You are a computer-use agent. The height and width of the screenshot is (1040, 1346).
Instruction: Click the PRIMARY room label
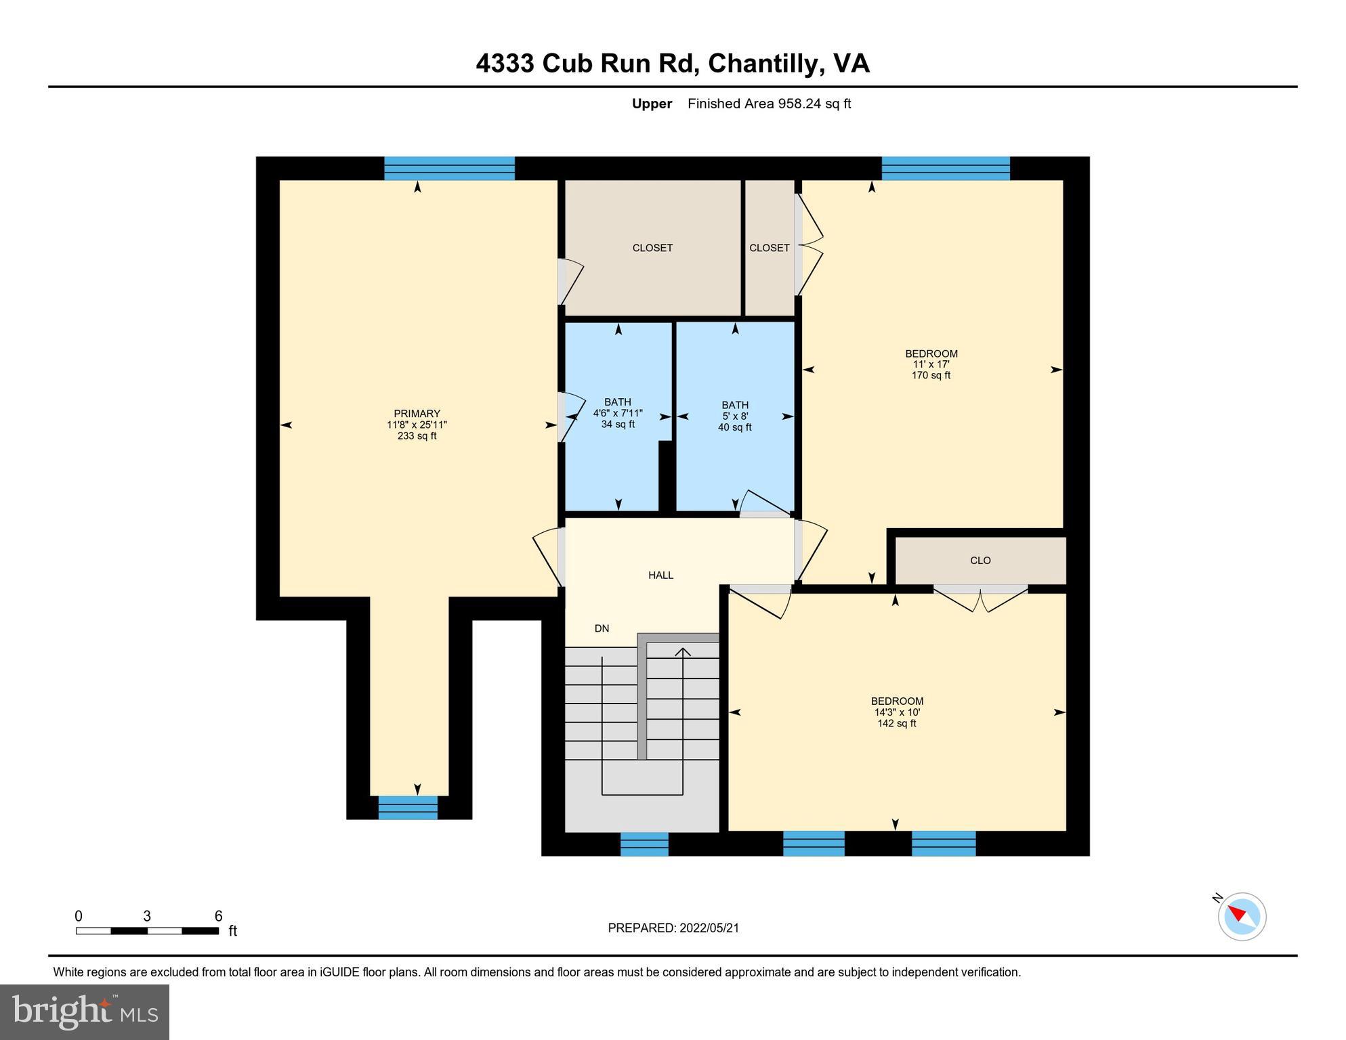click(417, 414)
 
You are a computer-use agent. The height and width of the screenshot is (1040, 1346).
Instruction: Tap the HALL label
click(660, 576)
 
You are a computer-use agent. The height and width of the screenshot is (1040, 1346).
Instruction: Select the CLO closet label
click(980, 561)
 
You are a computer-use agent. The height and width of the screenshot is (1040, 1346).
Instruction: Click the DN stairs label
click(602, 628)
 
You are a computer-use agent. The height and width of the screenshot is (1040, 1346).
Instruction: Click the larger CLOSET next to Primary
click(652, 248)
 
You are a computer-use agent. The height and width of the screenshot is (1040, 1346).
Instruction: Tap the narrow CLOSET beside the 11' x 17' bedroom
click(769, 248)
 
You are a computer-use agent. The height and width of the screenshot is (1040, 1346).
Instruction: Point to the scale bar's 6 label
click(218, 916)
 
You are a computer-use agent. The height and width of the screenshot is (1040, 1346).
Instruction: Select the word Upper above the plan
click(652, 104)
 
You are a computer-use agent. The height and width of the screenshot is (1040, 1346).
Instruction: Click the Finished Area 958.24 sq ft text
click(769, 104)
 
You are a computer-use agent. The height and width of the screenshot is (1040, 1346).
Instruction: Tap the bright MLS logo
click(84, 1012)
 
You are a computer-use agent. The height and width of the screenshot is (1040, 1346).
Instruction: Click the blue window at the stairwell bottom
click(644, 844)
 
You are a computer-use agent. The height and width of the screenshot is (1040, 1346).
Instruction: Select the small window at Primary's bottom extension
click(407, 807)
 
